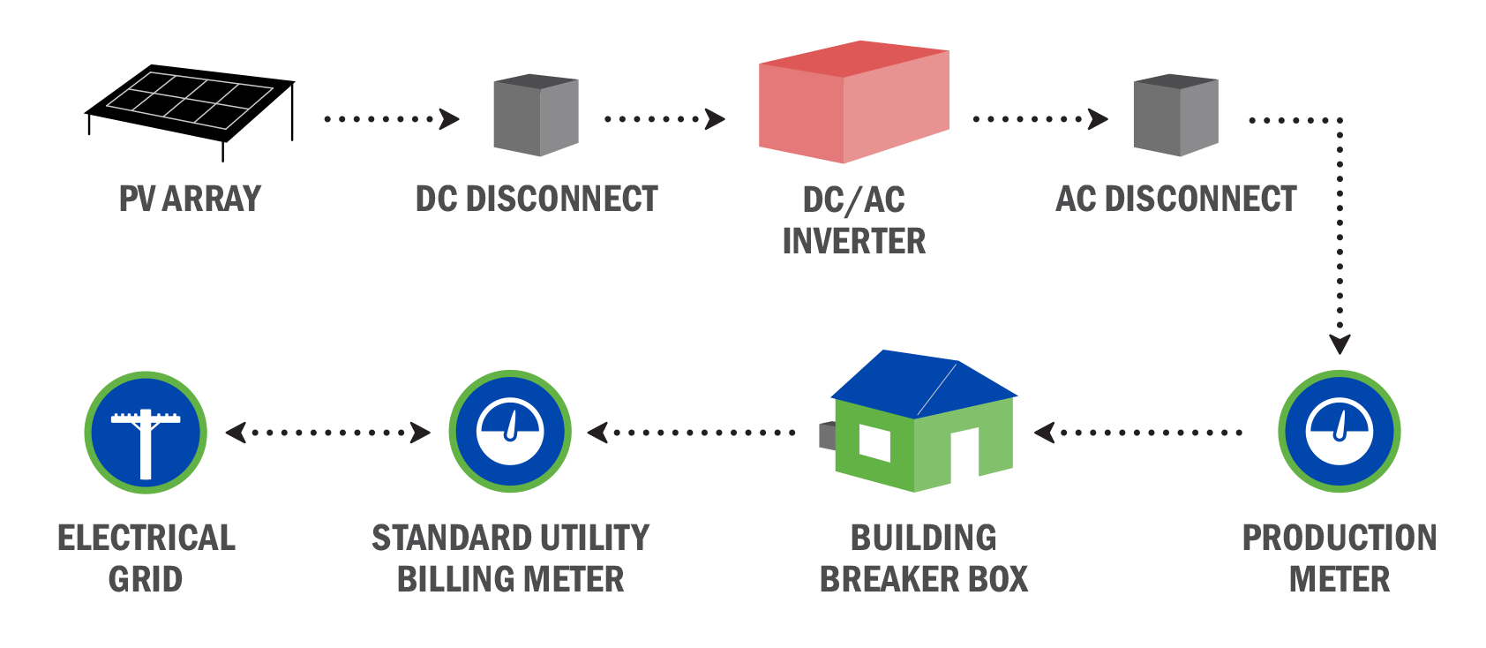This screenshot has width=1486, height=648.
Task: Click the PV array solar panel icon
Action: (190, 100)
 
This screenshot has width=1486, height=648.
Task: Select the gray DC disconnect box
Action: (536, 116)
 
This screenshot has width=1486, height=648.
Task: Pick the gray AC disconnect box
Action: (1175, 116)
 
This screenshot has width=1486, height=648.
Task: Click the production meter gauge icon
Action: (1339, 432)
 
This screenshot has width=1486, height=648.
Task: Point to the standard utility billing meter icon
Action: (510, 432)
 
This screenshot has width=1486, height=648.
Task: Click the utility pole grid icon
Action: (146, 433)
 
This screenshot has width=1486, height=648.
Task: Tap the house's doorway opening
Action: (964, 451)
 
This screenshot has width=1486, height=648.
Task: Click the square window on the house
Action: (874, 442)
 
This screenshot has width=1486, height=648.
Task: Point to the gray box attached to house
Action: (827, 435)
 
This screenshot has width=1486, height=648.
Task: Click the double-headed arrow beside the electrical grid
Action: (327, 433)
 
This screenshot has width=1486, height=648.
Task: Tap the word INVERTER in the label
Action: (853, 241)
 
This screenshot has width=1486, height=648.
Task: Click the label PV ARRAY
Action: (190, 199)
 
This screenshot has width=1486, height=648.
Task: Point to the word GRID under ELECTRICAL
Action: (146, 580)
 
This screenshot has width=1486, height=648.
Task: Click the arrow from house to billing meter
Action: (692, 433)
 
